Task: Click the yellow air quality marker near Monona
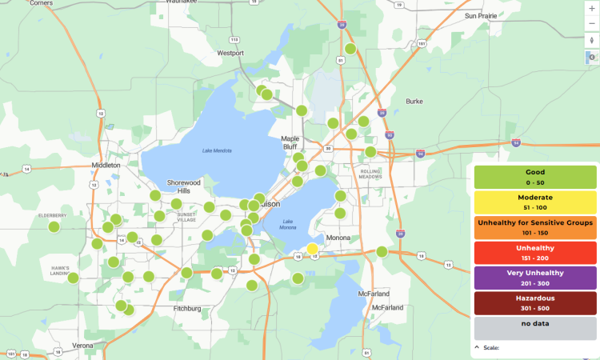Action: tap(312, 250)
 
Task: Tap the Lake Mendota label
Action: tap(217, 150)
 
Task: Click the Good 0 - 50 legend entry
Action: tap(535, 177)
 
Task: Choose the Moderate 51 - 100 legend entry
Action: tap(535, 201)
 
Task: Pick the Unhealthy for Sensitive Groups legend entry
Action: tap(535, 226)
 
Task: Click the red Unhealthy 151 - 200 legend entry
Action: tap(535, 251)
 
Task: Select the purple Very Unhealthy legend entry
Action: tap(535, 277)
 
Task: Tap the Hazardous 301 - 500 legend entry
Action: tap(535, 302)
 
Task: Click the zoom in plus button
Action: tap(591, 8)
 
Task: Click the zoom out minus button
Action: tap(591, 23)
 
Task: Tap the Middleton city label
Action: tap(106, 165)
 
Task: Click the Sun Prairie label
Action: tap(482, 15)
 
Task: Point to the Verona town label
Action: tap(82, 346)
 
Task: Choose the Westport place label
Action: tap(230, 54)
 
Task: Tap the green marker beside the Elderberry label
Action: tap(54, 226)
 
